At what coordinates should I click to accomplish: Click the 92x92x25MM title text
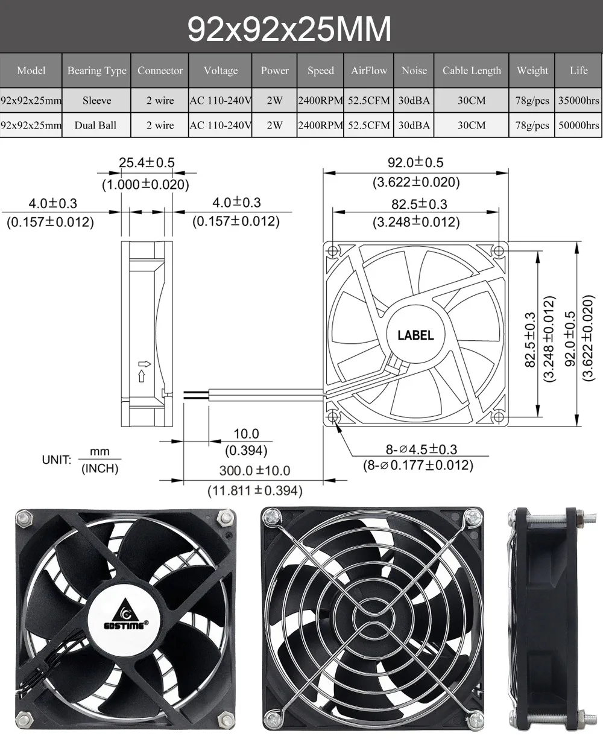(289, 28)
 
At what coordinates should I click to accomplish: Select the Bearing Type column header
(96, 71)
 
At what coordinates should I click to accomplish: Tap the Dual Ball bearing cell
(95, 125)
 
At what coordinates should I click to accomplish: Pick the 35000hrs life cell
(578, 101)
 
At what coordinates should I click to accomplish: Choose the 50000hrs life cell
(578, 125)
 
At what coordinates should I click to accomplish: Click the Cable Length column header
(472, 71)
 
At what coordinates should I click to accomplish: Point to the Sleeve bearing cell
(96, 101)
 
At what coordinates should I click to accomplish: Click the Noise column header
(414, 71)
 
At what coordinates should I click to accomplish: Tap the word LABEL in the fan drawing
(415, 335)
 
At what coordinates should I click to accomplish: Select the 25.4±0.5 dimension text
(147, 162)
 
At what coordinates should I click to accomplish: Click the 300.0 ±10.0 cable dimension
(254, 471)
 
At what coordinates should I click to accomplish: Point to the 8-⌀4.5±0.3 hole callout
(421, 449)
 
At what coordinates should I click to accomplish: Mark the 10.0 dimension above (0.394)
(246, 434)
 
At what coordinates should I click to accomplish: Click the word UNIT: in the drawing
(57, 460)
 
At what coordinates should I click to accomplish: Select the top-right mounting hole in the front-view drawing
(499, 250)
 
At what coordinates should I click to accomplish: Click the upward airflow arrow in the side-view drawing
(142, 376)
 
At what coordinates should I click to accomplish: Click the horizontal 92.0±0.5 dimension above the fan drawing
(415, 162)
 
